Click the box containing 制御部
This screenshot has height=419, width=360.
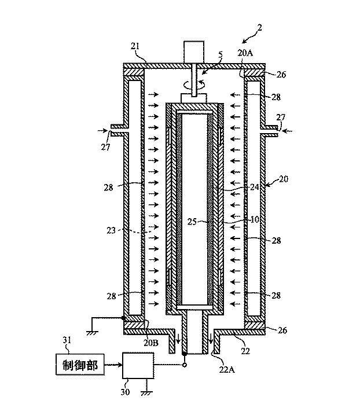(80, 364)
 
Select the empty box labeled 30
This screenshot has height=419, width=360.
(138, 365)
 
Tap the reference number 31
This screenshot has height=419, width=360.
(67, 340)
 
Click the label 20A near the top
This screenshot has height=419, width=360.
(245, 53)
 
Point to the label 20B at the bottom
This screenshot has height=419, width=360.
(151, 343)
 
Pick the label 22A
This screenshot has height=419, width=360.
(227, 370)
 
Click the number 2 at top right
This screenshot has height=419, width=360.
(259, 28)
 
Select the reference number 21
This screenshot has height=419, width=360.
(135, 46)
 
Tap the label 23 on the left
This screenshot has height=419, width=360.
(111, 230)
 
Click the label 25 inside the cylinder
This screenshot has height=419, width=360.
(192, 222)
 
